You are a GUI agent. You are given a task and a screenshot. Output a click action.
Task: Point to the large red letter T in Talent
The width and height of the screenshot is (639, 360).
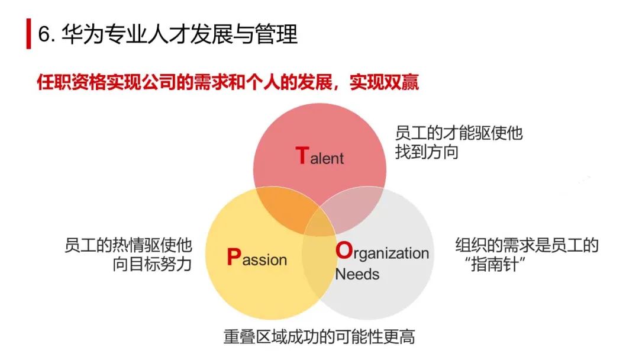tap(301, 155)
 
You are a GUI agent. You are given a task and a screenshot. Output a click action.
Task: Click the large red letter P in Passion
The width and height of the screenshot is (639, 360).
tap(234, 257)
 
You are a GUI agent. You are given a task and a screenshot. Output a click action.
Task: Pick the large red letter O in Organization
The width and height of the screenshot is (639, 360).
tap(343, 250)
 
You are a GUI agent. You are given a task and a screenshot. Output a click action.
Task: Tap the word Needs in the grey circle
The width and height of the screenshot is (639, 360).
tap(357, 274)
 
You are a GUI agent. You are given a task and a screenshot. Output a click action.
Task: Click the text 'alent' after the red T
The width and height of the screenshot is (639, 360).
tap(327, 158)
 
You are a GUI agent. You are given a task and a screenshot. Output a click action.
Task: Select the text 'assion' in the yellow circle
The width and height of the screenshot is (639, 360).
tap(264, 259)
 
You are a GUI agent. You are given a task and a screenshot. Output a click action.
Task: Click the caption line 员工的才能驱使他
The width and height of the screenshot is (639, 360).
tap(459, 132)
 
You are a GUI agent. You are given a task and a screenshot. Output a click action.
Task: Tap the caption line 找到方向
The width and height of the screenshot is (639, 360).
tap(427, 152)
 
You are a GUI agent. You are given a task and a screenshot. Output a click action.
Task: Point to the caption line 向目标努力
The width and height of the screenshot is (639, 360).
tap(152, 265)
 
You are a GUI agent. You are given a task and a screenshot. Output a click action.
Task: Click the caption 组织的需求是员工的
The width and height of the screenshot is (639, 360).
tap(527, 245)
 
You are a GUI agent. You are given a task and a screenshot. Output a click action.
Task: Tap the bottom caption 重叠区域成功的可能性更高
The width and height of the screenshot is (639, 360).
tap(319, 337)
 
